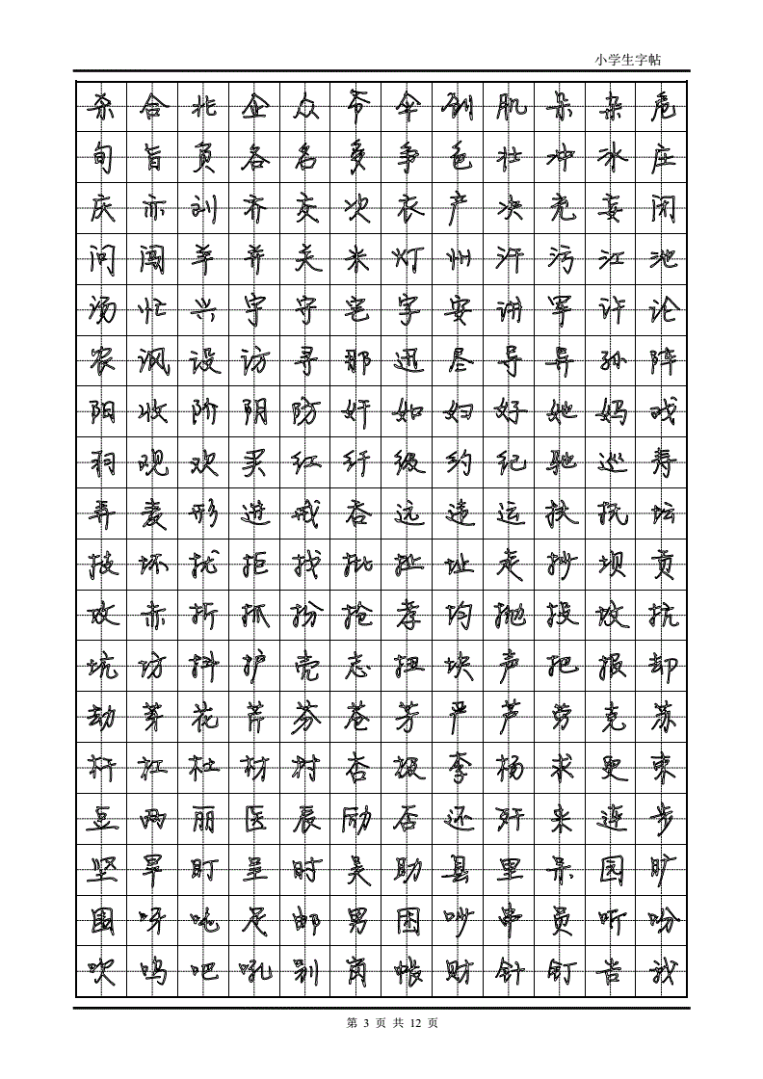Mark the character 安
(x=458, y=309)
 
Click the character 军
(x=560, y=309)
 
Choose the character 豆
(x=101, y=820)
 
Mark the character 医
(x=254, y=820)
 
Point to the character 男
(x=356, y=921)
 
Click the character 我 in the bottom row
(x=662, y=971)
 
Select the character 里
(x=509, y=871)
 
